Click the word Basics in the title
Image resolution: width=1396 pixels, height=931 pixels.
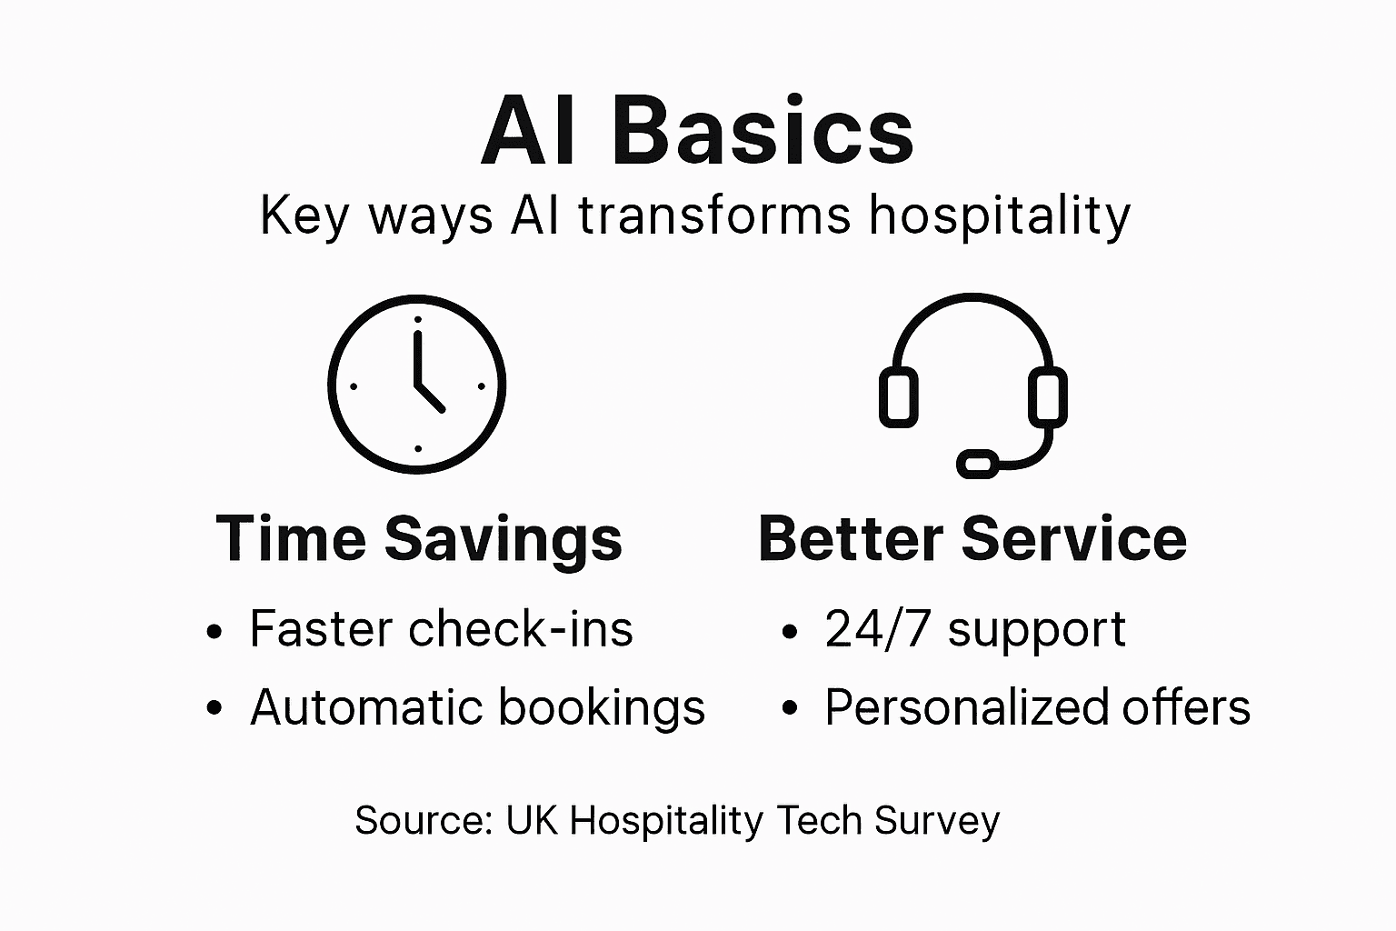763,133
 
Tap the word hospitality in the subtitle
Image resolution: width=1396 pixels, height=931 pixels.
1000,216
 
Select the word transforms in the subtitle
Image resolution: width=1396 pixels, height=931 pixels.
714,216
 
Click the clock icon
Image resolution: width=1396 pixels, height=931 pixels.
417,385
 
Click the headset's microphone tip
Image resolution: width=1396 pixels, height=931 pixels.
978,464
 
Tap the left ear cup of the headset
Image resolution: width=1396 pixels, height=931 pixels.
899,397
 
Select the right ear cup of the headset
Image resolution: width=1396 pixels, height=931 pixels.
1047,397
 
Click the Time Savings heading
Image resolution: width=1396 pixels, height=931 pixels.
419,538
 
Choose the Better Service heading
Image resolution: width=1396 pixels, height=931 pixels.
972,538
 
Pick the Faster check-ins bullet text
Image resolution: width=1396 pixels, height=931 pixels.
441,629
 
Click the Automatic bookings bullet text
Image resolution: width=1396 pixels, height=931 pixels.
477,707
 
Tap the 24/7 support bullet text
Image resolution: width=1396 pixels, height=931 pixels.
975,629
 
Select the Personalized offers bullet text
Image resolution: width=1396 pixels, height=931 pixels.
1037,707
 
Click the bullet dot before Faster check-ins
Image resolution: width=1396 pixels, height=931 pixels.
214,631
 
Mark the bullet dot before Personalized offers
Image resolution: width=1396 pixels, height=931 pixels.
789,709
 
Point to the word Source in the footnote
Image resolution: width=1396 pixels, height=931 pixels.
421,820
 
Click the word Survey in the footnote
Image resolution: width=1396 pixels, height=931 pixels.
936,820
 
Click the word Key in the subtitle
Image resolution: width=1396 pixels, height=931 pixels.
304,216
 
